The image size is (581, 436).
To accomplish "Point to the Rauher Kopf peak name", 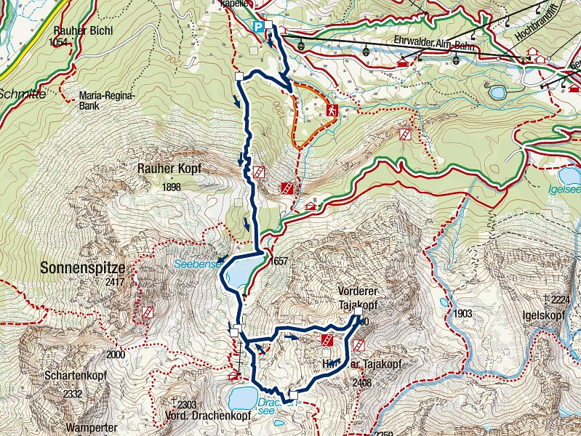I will click(x=169, y=169).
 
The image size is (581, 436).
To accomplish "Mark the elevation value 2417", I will click(x=114, y=282).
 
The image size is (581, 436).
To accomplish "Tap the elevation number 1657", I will click(x=279, y=262).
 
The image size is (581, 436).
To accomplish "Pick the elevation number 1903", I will click(x=462, y=314).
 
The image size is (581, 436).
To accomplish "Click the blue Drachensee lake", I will click(x=238, y=397).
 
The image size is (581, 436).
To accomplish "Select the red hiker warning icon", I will click(x=331, y=110).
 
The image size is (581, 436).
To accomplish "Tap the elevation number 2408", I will click(x=361, y=382).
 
